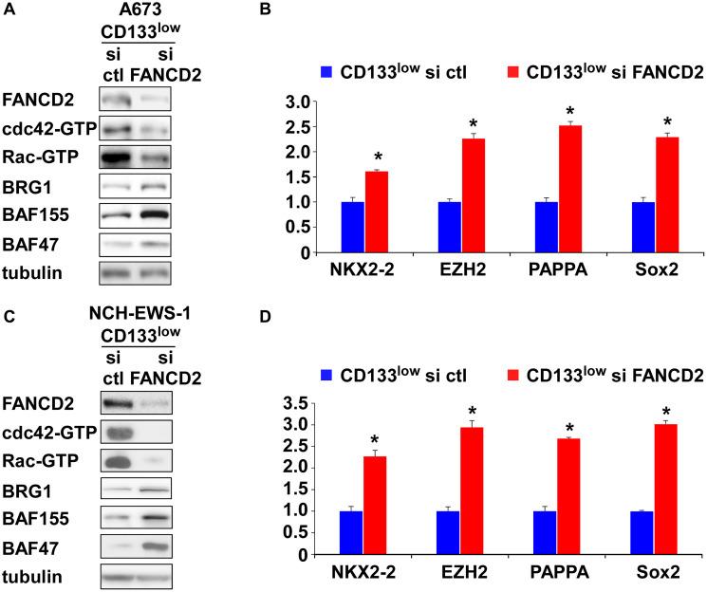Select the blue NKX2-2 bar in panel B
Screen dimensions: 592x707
(352, 227)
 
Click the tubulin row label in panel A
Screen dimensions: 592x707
(34, 274)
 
